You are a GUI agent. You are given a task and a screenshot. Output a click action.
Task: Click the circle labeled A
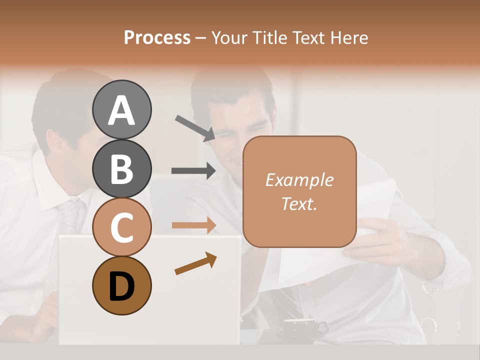pyautogui.click(x=121, y=110)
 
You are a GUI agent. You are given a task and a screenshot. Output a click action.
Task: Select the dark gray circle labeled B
pyautogui.click(x=121, y=168)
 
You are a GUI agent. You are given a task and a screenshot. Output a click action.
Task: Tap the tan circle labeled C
pyautogui.click(x=121, y=227)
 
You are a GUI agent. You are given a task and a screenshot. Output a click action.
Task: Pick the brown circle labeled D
pyautogui.click(x=121, y=285)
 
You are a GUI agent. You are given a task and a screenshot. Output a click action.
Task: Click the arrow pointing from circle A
pyautogui.click(x=195, y=127)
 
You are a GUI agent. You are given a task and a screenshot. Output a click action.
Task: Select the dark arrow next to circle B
pyautogui.click(x=194, y=171)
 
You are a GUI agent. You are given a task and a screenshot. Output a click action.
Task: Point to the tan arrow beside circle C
pyautogui.click(x=194, y=225)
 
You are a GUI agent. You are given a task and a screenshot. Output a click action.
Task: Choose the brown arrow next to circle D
pyautogui.click(x=195, y=263)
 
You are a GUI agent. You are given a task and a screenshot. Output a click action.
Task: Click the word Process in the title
pyautogui.click(x=157, y=37)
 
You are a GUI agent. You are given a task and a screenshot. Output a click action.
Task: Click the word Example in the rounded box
pyautogui.click(x=299, y=180)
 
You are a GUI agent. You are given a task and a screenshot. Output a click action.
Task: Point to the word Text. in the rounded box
pyautogui.click(x=299, y=203)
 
